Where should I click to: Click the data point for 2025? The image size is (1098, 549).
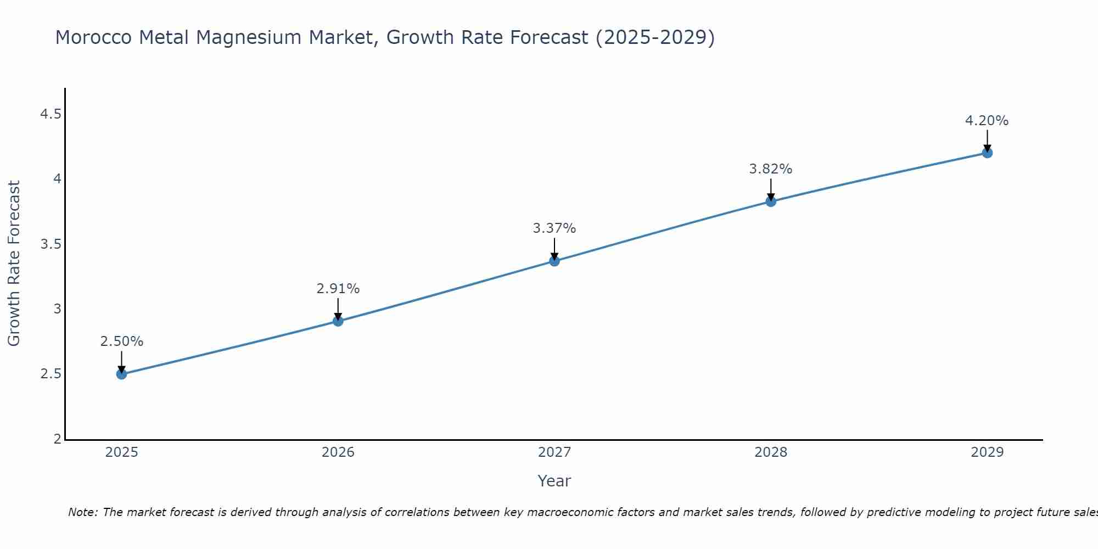(x=121, y=374)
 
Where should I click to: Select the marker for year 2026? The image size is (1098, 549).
(x=338, y=321)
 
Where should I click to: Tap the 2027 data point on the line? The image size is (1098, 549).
(x=554, y=261)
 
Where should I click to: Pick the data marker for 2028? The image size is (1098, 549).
(x=771, y=201)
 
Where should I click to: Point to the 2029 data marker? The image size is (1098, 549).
(x=987, y=153)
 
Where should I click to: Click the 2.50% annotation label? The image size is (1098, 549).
(x=121, y=341)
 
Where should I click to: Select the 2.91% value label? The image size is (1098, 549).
(x=338, y=289)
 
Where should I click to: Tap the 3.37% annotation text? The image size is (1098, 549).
(x=554, y=228)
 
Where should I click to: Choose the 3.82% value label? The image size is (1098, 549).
(x=771, y=169)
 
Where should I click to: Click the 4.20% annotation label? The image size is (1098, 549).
(x=987, y=121)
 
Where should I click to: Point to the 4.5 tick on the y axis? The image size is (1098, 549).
(x=51, y=114)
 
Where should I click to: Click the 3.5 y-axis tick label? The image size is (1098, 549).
(x=51, y=244)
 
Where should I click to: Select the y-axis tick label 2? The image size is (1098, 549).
(x=57, y=439)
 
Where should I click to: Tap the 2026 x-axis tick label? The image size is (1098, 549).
(x=338, y=452)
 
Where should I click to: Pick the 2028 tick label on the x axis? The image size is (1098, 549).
(x=771, y=452)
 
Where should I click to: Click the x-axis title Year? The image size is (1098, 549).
(x=554, y=481)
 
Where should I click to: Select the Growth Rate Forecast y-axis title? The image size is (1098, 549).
(x=14, y=264)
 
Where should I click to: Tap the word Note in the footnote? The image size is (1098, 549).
(x=82, y=512)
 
